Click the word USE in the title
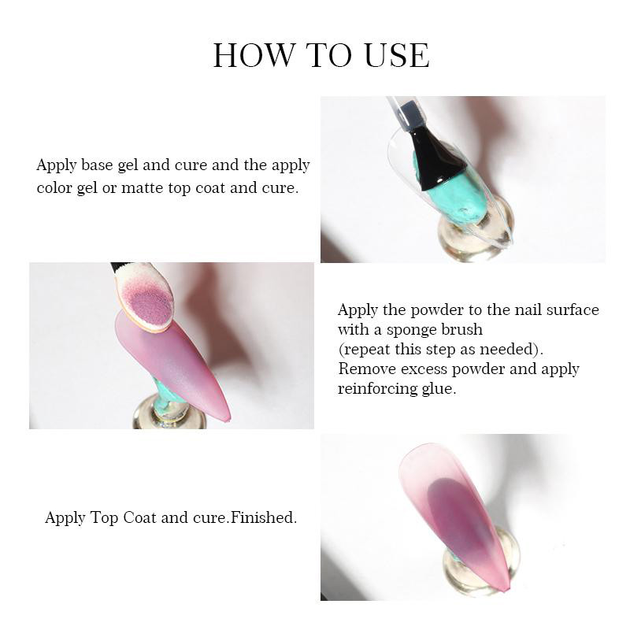click(397, 55)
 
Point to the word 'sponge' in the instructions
click(411, 330)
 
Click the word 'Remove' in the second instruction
click(367, 369)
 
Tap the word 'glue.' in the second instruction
click(439, 389)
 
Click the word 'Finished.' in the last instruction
click(264, 517)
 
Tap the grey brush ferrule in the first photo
click(408, 113)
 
